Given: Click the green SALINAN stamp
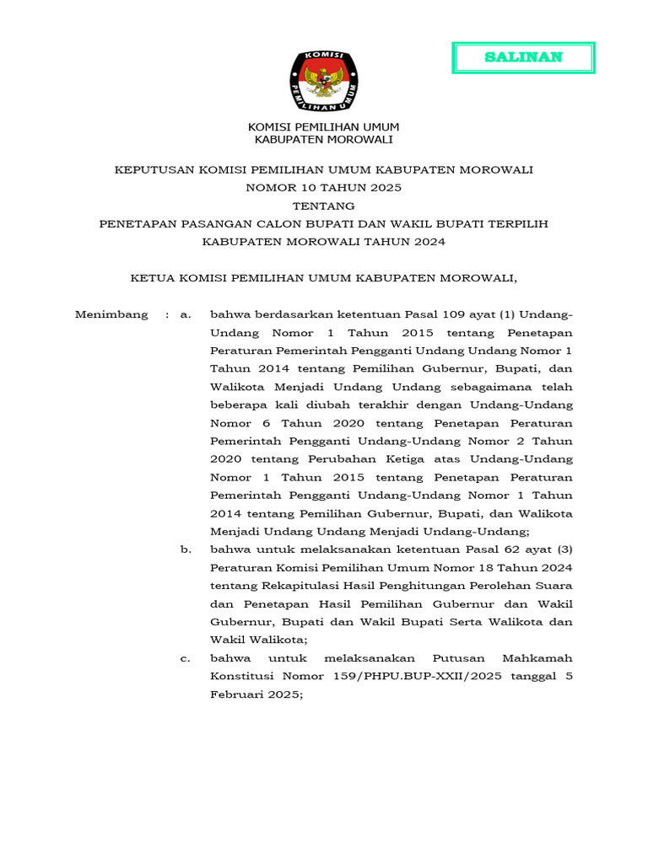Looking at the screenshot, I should pyautogui.click(x=524, y=57).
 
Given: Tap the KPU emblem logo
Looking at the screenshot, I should pyautogui.click(x=324, y=83).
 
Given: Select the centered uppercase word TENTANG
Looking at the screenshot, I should pyautogui.click(x=324, y=206).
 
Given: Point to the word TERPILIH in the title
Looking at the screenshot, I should pyautogui.click(x=517, y=223).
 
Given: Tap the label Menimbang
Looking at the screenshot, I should pyautogui.click(x=111, y=314).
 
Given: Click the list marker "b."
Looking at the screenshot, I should pyautogui.click(x=186, y=549).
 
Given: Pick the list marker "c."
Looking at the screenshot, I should pyautogui.click(x=186, y=658).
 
